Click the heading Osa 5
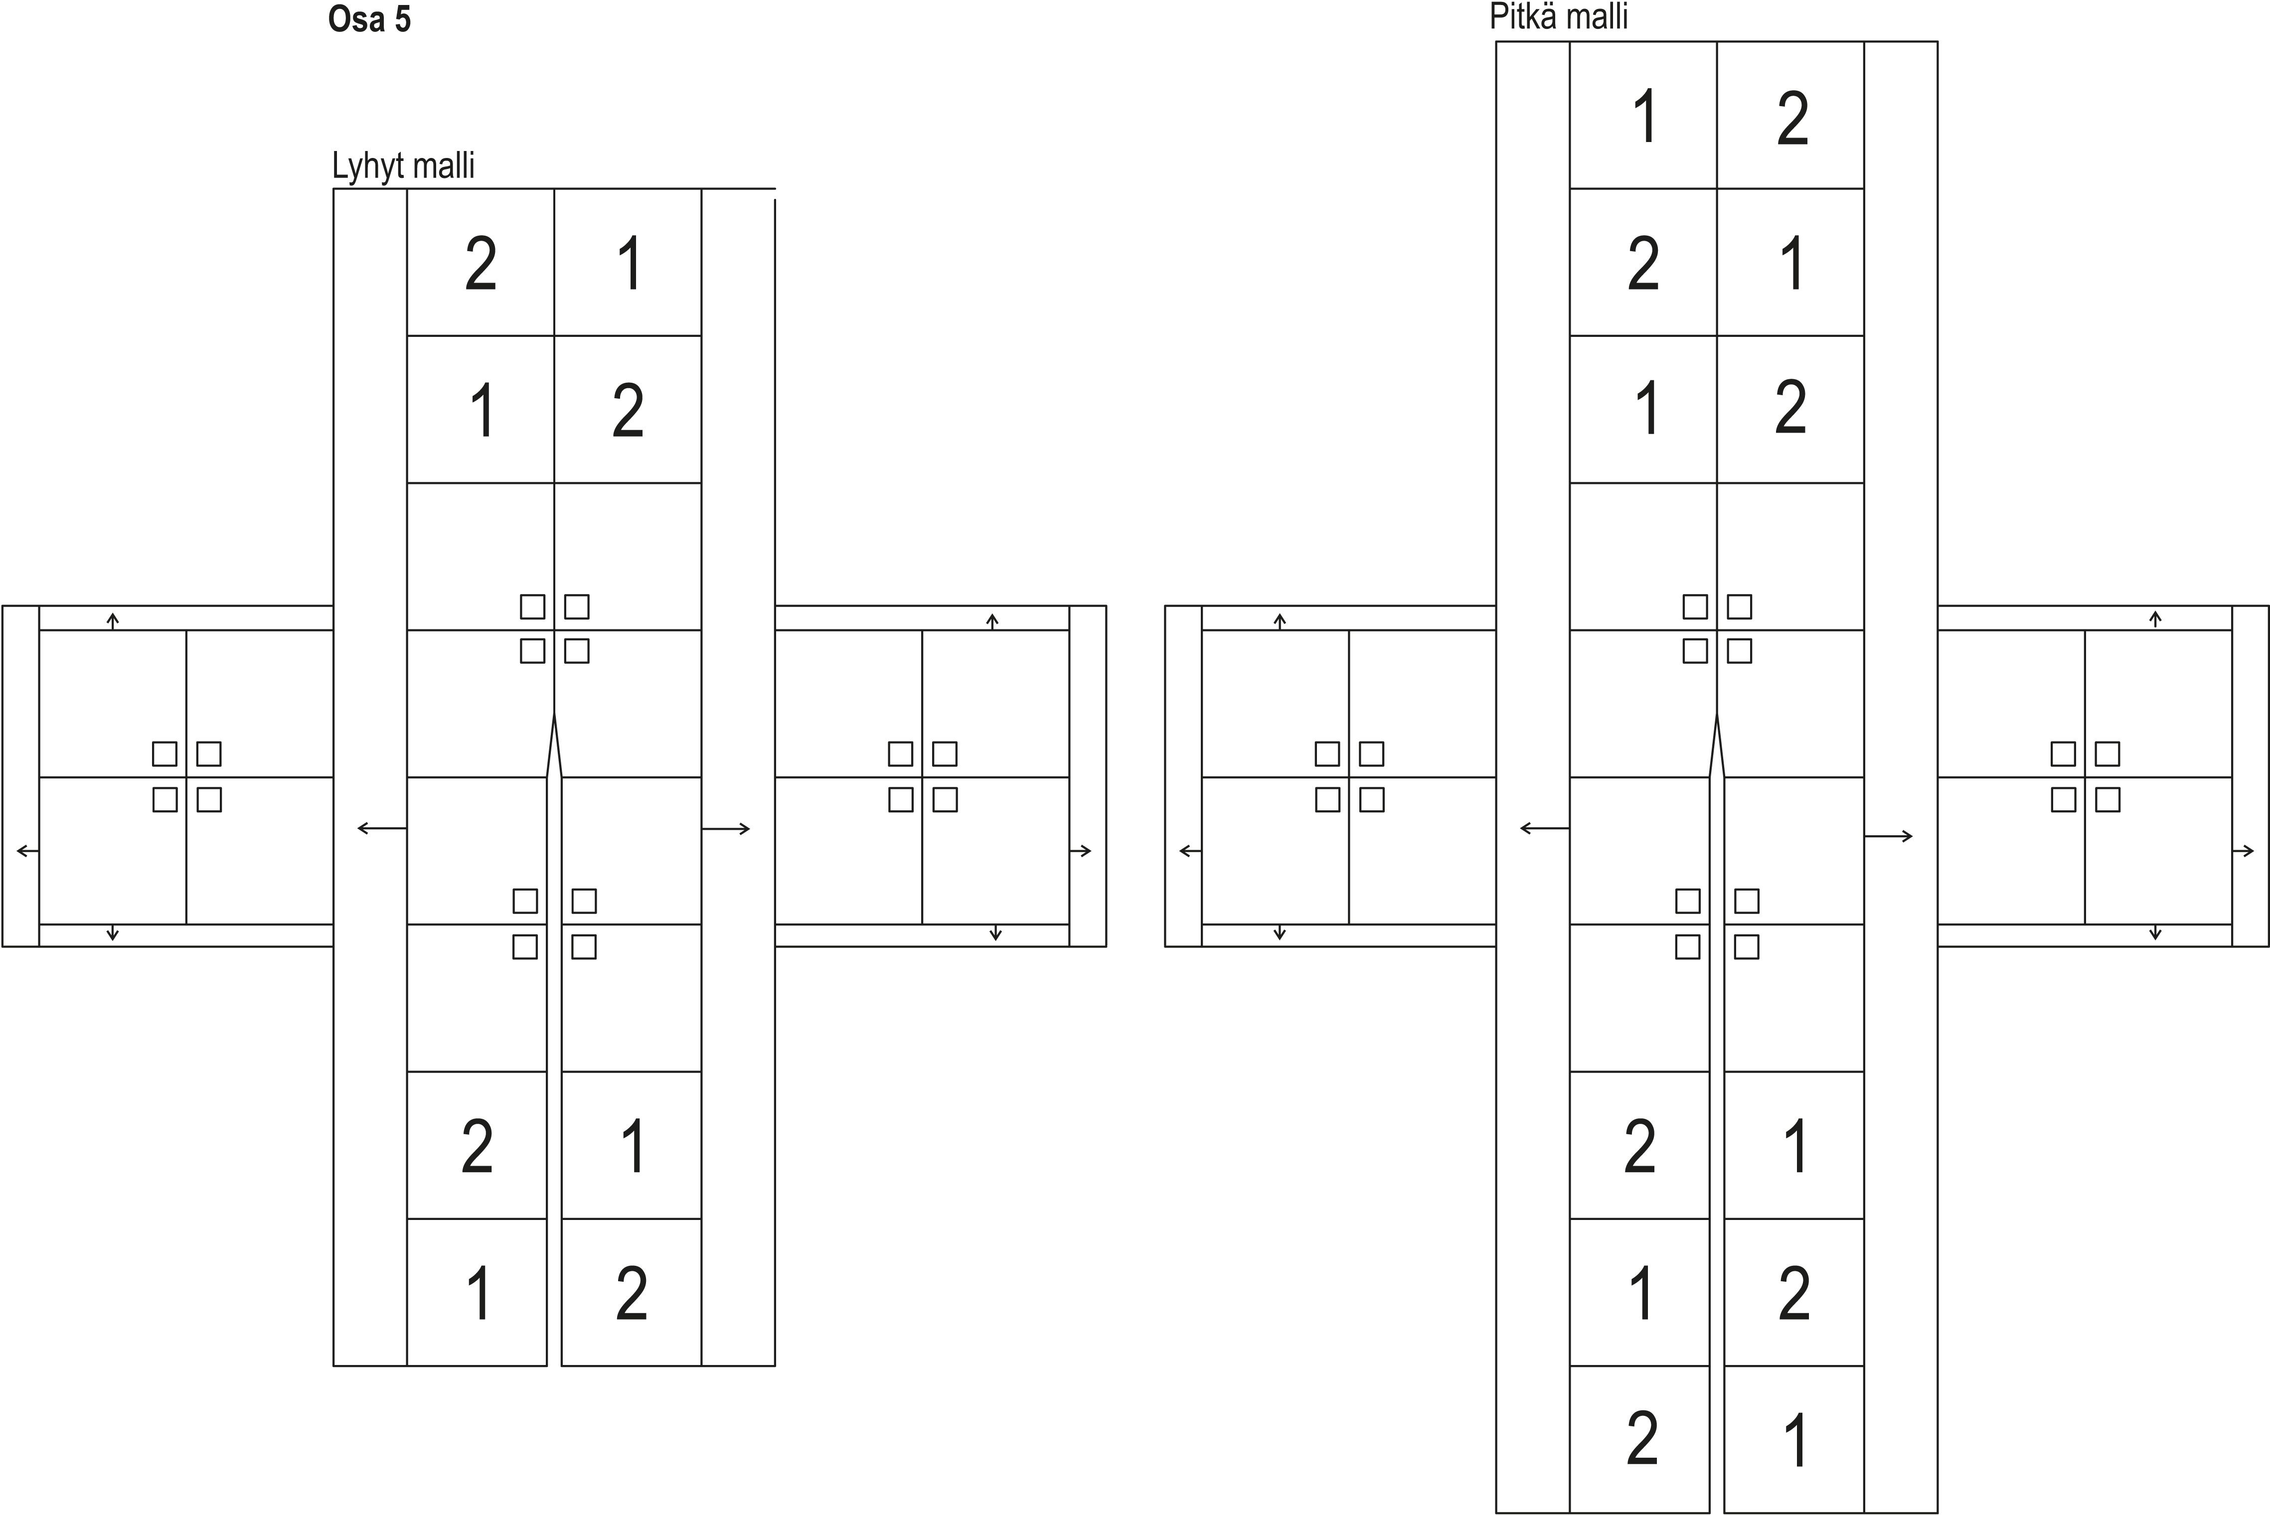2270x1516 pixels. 369,19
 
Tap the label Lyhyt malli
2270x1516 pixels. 403,166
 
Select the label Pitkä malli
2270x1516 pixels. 1558,17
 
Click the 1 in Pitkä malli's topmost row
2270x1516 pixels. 1643,118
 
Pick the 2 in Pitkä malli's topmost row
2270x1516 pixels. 1791,120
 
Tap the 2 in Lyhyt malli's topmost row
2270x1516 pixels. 481,264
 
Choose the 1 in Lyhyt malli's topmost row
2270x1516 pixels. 630,264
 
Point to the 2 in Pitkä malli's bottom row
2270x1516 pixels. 1642,1440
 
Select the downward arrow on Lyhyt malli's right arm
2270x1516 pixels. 996,933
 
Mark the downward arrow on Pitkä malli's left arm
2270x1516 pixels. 1280,933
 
